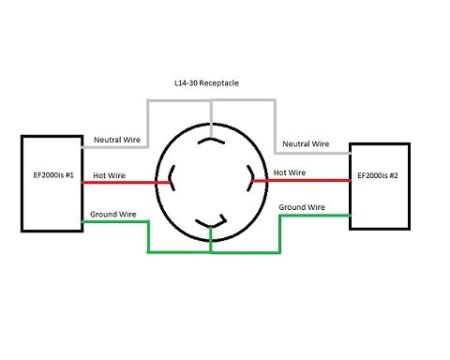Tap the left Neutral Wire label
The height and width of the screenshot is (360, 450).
tap(117, 140)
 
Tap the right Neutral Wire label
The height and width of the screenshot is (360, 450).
tap(307, 143)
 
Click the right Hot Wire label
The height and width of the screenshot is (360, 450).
tap(289, 172)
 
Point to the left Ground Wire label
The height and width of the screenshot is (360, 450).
tap(114, 215)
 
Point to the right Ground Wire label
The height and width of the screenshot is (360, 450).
tap(302, 205)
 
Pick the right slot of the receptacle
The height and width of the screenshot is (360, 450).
tap(250, 176)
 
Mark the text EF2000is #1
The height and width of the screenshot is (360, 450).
tap(51, 175)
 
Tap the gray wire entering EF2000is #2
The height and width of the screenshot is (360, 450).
tap(311, 152)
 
